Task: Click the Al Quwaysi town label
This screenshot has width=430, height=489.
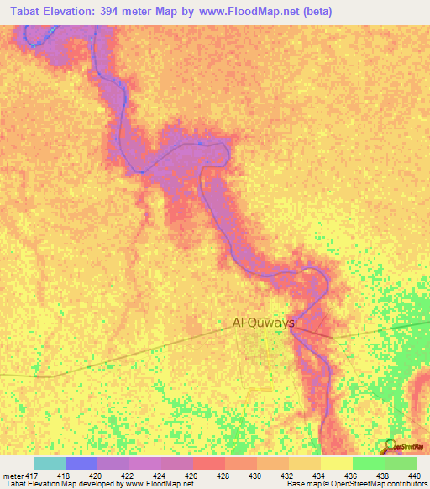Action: [x=265, y=322]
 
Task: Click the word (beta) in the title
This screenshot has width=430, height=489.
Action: [x=319, y=12]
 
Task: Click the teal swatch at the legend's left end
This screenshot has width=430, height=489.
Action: [x=49, y=463]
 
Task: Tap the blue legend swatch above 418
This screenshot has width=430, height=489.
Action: [x=81, y=463]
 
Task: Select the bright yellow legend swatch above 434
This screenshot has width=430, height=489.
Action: [x=336, y=463]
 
